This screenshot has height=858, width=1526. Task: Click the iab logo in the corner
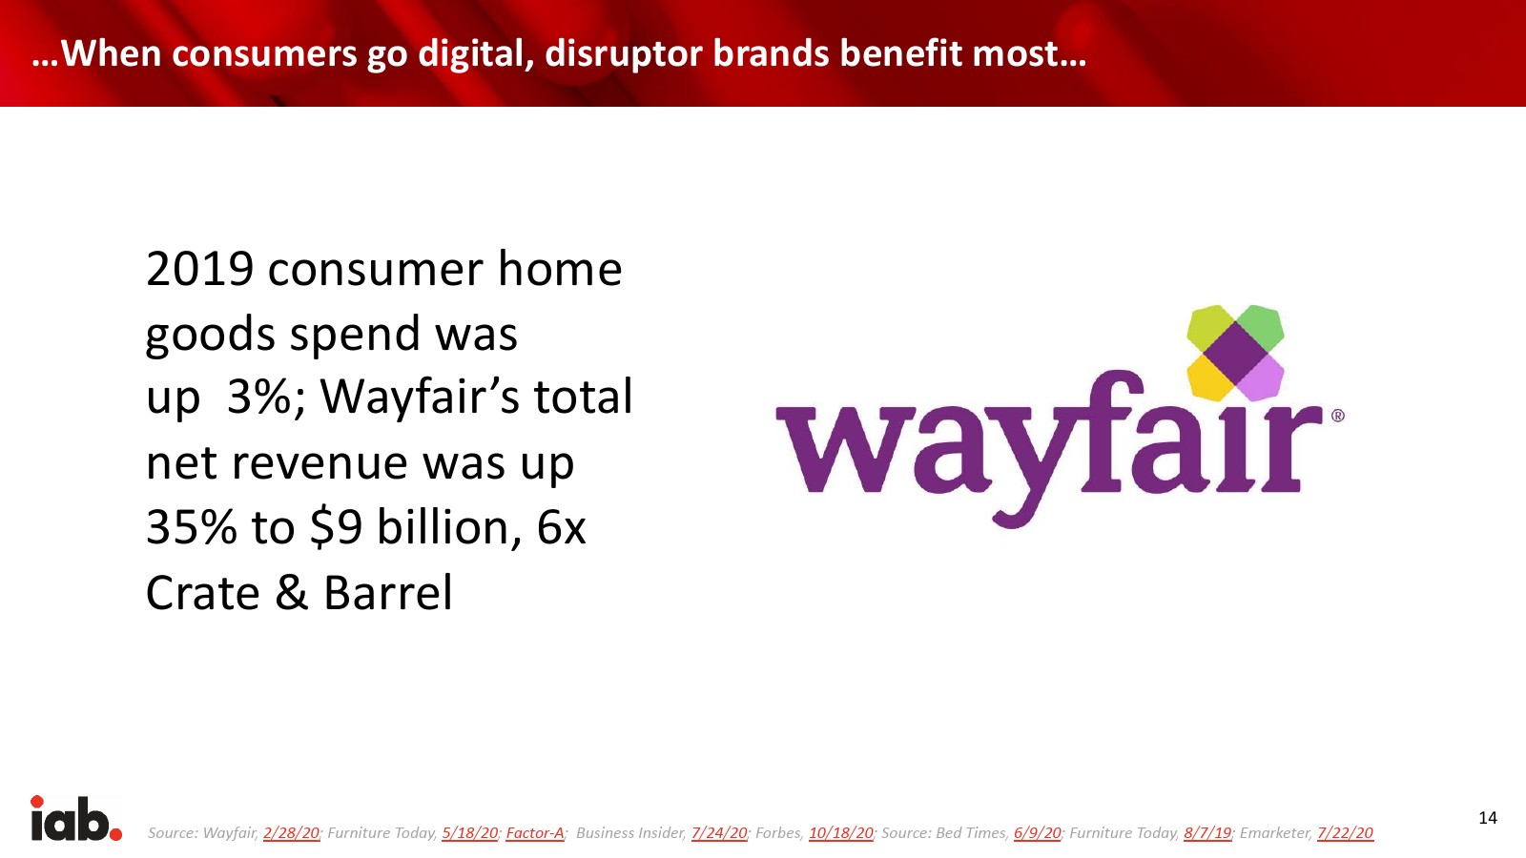76,819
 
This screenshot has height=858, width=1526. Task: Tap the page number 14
1488,818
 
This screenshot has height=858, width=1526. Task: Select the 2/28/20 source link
292,833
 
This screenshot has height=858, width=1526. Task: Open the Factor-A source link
535,833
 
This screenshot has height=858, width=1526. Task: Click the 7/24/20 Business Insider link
719,833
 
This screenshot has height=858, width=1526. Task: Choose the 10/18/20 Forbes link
841,833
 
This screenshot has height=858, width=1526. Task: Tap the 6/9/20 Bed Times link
1038,833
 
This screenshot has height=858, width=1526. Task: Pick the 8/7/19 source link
1207,833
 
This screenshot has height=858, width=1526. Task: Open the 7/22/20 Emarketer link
1346,833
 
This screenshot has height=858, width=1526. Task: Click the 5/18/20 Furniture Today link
470,833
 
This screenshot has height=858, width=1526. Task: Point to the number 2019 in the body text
200,269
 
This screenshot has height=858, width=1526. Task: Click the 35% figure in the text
192,527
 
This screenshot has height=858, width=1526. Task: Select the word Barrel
387,592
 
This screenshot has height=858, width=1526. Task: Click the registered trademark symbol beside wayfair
1337,416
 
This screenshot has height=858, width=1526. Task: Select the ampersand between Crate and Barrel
292,592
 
